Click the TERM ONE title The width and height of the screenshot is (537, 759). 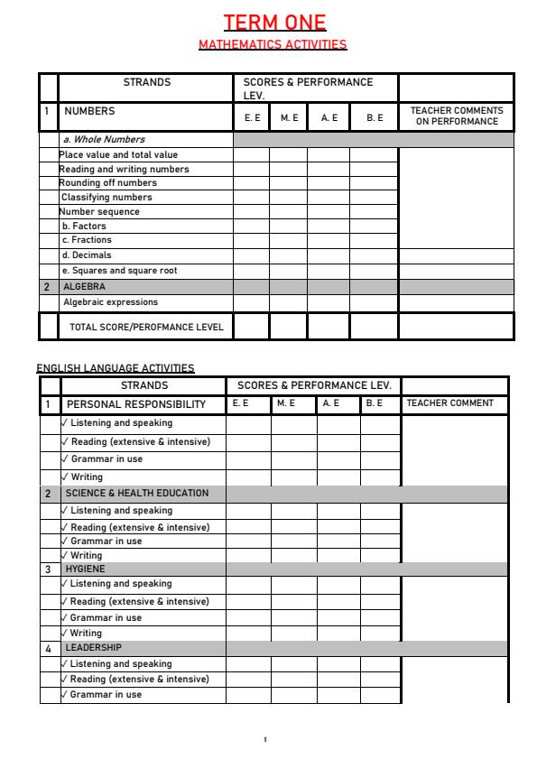[x=274, y=23]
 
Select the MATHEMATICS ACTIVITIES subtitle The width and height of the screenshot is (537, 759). [x=272, y=44]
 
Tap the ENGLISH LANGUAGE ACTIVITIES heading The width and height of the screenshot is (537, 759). [x=115, y=367]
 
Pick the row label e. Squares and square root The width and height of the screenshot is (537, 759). [x=119, y=270]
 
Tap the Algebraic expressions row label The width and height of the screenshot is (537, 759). [x=110, y=302]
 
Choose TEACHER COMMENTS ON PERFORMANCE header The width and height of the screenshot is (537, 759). [x=457, y=116]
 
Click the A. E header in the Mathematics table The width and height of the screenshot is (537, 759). [x=329, y=117]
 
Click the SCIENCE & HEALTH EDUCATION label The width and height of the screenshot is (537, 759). [x=136, y=494]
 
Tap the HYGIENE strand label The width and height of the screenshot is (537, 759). [x=85, y=569]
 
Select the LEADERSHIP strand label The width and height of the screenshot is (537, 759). [x=93, y=648]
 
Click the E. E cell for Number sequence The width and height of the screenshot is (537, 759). [x=251, y=212]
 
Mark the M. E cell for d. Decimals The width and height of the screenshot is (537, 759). [x=288, y=255]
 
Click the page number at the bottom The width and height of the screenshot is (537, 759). [x=264, y=739]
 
